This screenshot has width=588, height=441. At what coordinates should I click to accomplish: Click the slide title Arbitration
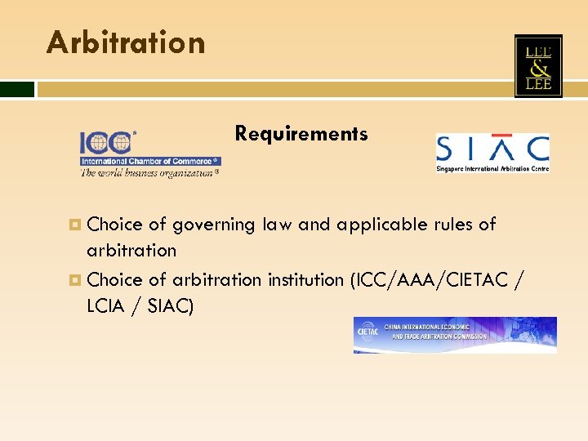pos(126,42)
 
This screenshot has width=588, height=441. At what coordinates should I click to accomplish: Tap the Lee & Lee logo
pos(538,66)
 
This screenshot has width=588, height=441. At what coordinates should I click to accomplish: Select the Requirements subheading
pos(301,133)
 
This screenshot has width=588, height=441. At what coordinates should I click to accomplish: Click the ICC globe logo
pos(105,142)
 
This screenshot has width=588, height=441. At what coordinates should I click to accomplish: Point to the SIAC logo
pos(492,152)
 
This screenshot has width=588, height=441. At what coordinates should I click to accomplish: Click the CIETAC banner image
pos(455,335)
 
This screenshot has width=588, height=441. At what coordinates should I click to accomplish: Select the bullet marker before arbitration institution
pos(75,280)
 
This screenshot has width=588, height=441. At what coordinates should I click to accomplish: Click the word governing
pos(216,225)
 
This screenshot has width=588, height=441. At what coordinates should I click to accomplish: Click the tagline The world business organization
pos(147,172)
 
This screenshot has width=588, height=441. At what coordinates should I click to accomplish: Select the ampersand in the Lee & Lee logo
pos(538,67)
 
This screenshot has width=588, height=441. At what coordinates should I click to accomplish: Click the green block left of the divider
pos(17,89)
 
